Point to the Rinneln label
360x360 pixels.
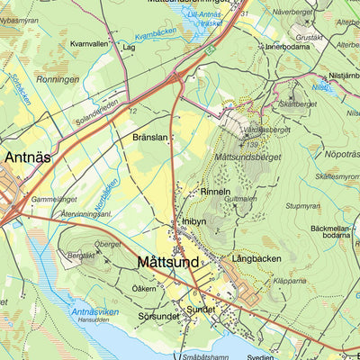[x=215, y=192]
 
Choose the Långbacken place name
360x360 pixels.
[x=256, y=258]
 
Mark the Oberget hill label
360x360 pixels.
[x=107, y=243]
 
